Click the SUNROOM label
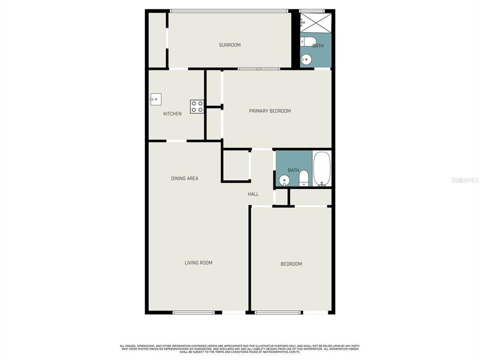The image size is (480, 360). [x=229, y=45]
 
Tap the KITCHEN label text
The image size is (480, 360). [x=172, y=114]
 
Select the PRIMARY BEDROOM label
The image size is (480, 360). [x=269, y=111]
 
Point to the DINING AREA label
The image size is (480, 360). [x=184, y=178]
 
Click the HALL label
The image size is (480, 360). [x=253, y=194]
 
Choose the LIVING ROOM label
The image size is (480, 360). [x=198, y=263]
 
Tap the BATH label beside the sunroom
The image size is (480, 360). [x=318, y=46]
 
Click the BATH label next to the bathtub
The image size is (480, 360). [x=293, y=170]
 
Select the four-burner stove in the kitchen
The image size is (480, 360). [x=196, y=106]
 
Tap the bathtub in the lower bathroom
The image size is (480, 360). [x=321, y=168]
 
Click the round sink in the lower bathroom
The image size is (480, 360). [x=284, y=180]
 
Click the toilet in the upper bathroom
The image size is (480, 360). [x=306, y=41]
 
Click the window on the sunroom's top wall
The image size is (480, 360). [x=229, y=11]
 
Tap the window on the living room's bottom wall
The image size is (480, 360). [x=194, y=312]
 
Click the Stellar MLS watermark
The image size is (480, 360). [x=464, y=179]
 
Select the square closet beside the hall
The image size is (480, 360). [x=235, y=165]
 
